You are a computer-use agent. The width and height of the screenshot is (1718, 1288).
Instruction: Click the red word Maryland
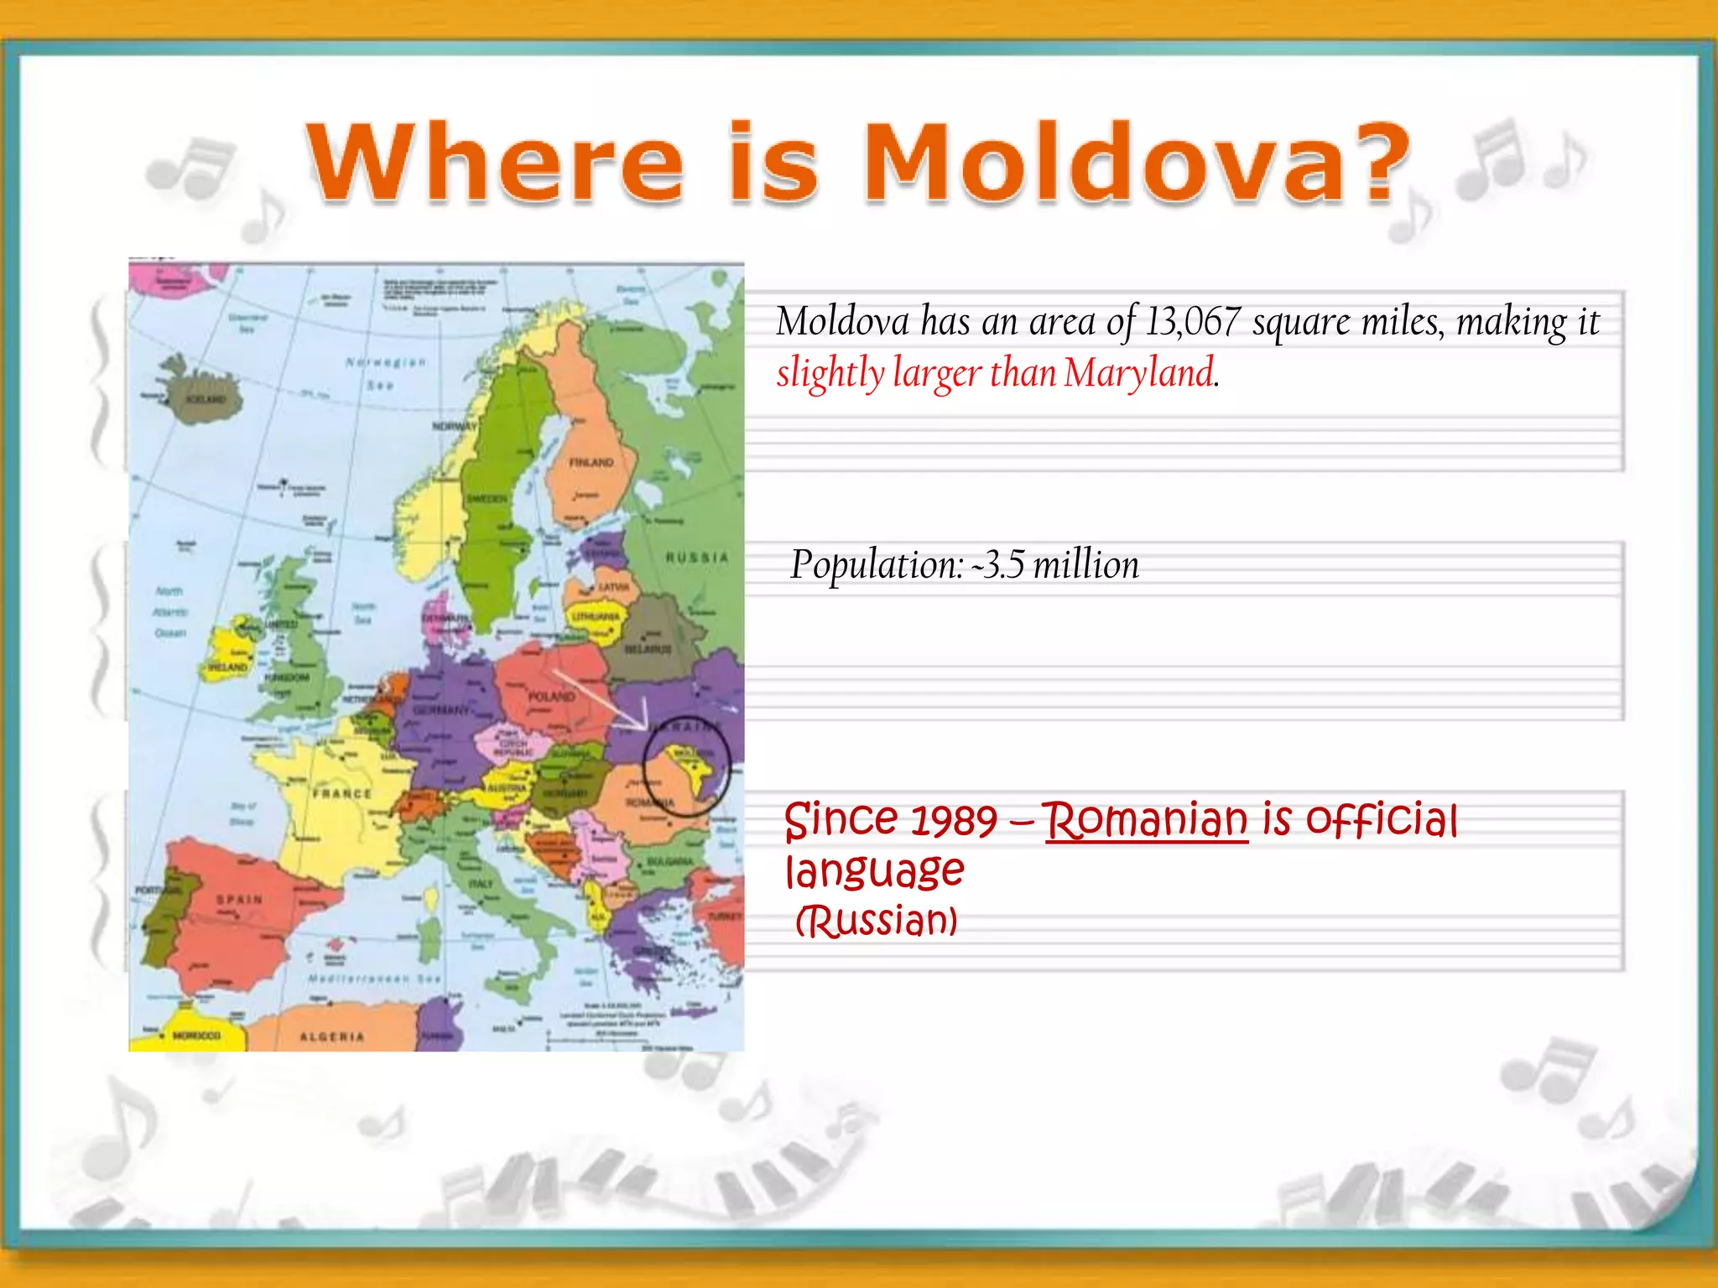click(x=1139, y=373)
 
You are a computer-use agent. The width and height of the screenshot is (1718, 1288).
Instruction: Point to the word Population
click(x=877, y=565)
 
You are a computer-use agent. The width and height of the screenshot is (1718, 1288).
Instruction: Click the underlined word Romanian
click(x=1146, y=820)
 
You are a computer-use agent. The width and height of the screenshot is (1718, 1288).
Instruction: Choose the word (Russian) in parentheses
click(x=876, y=921)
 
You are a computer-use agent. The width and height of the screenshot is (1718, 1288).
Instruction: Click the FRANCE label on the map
click(x=342, y=793)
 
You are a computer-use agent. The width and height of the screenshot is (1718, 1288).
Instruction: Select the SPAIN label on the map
click(x=240, y=900)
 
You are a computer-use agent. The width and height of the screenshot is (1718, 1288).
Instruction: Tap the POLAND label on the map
click(x=551, y=696)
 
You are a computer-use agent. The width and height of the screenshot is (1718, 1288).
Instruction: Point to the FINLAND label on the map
click(x=591, y=462)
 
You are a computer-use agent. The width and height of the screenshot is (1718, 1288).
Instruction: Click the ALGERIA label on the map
click(x=332, y=1037)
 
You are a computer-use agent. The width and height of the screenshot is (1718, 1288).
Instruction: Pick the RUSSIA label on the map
click(x=697, y=558)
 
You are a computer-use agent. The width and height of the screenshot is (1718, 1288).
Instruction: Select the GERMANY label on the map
click(x=441, y=709)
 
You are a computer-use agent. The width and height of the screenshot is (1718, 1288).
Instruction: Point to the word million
click(x=1085, y=565)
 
